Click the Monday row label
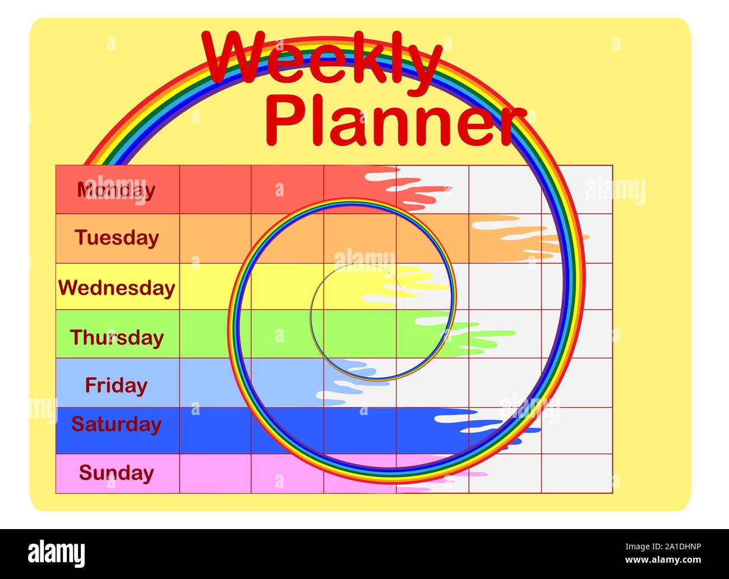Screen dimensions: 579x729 [117, 190]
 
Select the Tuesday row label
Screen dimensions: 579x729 [117, 238]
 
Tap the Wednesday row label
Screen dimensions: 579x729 [117, 287]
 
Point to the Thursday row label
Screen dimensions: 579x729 [117, 337]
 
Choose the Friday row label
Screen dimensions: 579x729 [116, 385]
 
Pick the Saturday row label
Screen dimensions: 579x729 [116, 424]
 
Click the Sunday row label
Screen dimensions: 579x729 [116, 473]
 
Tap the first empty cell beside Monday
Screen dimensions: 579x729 [215, 190]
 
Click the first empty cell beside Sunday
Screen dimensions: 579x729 [215, 474]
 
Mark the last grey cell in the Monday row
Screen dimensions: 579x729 [576, 190]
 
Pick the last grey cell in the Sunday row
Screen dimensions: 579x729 [576, 474]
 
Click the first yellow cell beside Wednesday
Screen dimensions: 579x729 [215, 287]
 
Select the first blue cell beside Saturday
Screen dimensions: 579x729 [215, 430]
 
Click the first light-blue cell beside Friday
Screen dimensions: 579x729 [215, 383]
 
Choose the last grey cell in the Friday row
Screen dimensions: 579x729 [576, 383]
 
